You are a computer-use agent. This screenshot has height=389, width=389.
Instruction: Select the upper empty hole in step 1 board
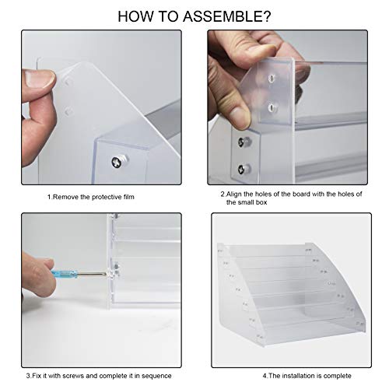[68, 81]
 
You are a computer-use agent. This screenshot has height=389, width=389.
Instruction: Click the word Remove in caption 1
[66, 198]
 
